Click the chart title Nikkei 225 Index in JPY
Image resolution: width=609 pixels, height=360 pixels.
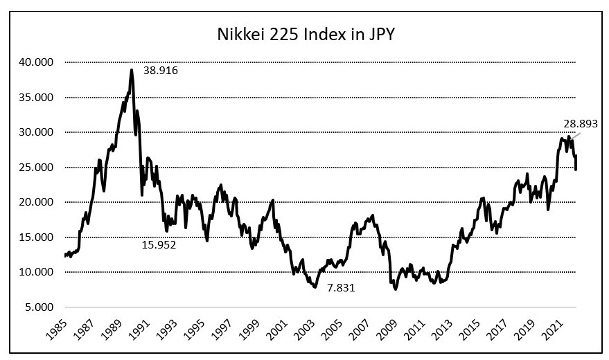point(304,33)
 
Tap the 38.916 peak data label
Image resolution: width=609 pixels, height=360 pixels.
point(161,70)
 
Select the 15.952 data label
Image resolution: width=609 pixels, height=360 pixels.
point(159,244)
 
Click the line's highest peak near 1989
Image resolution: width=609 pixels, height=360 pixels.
point(131,69)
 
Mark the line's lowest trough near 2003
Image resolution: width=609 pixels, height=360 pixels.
point(315,287)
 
